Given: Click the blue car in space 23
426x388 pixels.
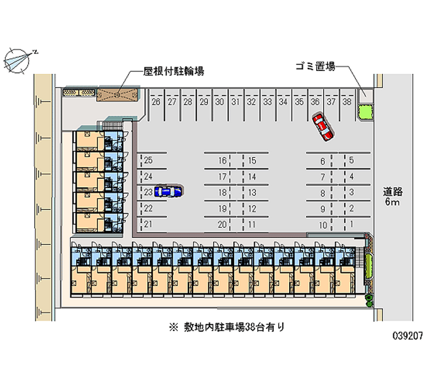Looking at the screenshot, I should [168, 191].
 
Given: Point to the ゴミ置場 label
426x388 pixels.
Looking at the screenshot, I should [315, 67].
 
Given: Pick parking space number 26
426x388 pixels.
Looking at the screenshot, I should [156, 102].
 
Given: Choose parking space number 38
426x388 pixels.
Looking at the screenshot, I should [347, 102].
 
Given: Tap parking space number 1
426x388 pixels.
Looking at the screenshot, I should [351, 224].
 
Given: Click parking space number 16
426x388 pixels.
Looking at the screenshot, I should [222, 161].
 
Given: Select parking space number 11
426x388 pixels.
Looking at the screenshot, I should [252, 224].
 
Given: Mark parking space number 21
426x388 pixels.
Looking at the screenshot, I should [149, 224].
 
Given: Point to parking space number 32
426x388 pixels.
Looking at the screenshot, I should [252, 102].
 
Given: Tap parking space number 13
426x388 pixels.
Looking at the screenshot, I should [252, 192].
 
